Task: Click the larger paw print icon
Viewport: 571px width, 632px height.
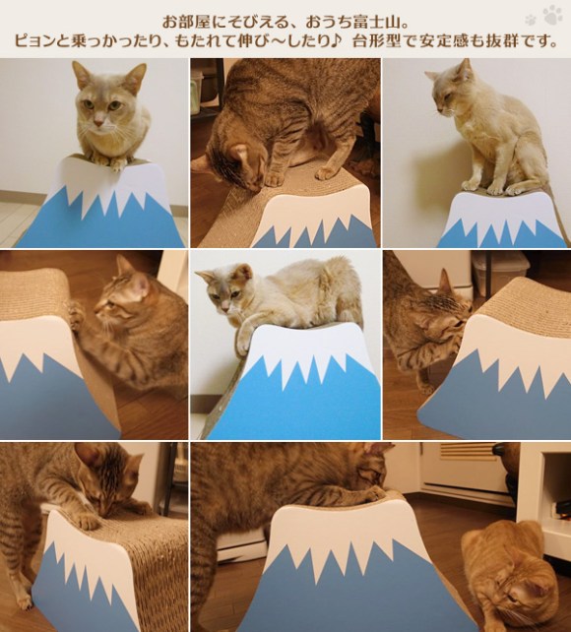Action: point(552,15)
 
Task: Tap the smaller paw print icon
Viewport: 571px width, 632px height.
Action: point(531,20)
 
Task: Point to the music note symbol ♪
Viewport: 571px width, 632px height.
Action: point(338,40)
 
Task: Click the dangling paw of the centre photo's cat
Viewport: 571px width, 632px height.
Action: point(243,343)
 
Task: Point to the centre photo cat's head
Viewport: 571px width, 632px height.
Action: point(226,288)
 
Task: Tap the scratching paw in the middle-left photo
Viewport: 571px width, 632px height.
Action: point(76,313)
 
